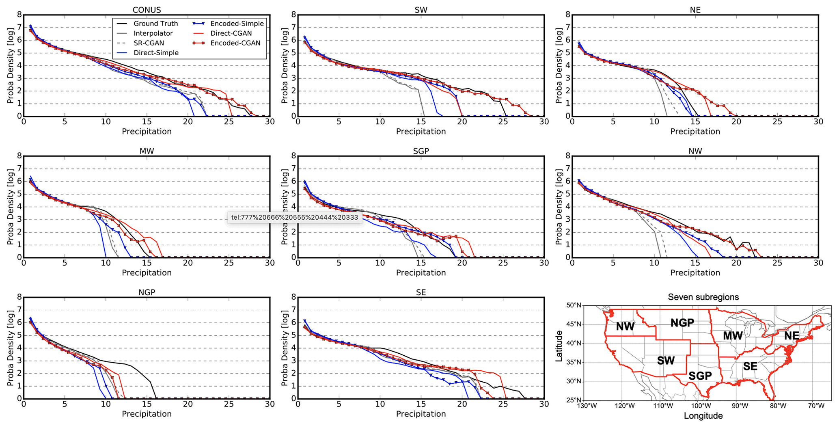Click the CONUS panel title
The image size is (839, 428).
tap(147, 10)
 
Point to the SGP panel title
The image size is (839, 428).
tap(421, 151)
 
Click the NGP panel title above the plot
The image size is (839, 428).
tap(147, 292)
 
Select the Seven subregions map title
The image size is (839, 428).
tap(703, 297)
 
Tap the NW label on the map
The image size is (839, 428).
tap(625, 326)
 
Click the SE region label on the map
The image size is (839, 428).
tap(750, 367)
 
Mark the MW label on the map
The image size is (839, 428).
tap(733, 336)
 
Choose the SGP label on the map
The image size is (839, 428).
tap(700, 376)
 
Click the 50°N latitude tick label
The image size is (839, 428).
tap(574, 305)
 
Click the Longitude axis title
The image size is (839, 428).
tap(703, 416)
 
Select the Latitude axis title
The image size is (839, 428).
tap(559, 346)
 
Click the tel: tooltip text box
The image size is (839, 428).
tap(295, 217)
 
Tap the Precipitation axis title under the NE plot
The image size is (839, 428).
tap(695, 132)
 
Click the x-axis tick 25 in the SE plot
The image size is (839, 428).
tap(503, 404)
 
